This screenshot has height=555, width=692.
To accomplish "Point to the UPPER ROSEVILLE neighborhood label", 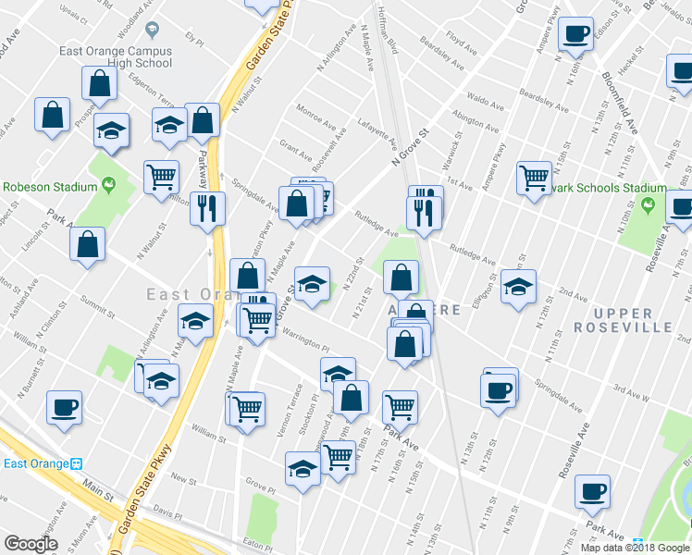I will (x=622, y=319).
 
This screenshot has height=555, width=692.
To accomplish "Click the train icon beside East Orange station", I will (x=78, y=463).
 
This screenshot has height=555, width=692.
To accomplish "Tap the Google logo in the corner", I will (x=31, y=544).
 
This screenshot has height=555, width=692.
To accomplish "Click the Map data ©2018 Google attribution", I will (x=635, y=548).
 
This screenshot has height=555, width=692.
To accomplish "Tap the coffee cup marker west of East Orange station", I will (x=65, y=407).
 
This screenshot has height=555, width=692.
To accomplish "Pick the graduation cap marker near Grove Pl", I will (x=303, y=469).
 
